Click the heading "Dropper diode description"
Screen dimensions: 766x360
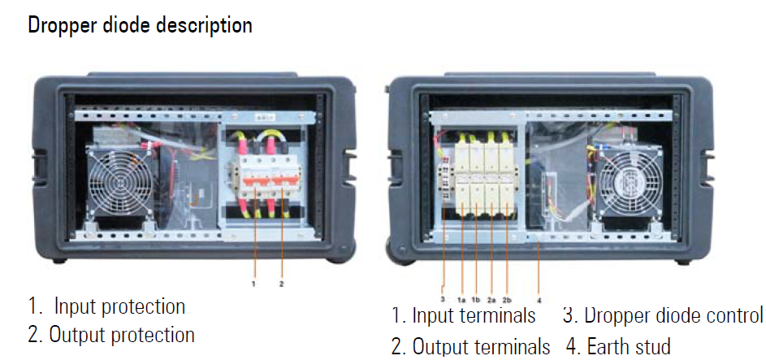[141, 24]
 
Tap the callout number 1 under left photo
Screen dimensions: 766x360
[253, 284]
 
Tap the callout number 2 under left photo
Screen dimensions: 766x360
[281, 284]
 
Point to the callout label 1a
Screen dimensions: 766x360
[462, 299]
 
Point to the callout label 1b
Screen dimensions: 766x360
[476, 299]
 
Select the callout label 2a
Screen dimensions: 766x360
[491, 299]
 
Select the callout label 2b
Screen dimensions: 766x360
[507, 299]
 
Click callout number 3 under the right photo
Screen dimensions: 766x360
[443, 298]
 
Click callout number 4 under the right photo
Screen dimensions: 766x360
[539, 300]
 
